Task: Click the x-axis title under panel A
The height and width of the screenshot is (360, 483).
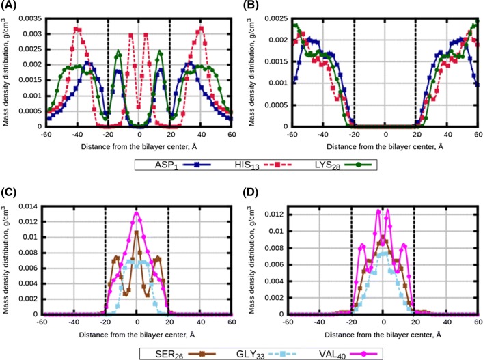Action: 136,146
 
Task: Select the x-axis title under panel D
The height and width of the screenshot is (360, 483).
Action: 384,335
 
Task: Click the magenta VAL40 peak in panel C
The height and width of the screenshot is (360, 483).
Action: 137,212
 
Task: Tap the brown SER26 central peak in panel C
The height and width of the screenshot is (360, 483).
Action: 137,232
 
